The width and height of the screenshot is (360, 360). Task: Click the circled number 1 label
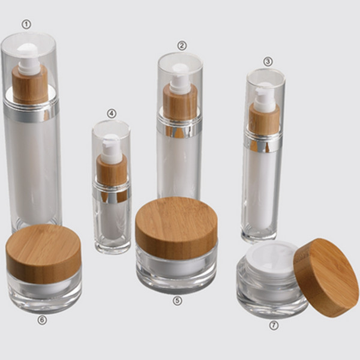click(26, 24)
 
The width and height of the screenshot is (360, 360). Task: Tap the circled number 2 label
click(182, 45)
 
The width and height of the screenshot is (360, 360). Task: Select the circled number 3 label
click(268, 61)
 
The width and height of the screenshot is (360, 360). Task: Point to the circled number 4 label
click(112, 113)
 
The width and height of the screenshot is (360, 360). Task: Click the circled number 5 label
click(177, 301)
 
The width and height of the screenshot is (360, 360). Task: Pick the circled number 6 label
click(41, 320)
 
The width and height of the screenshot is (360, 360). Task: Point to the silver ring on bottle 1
click(31, 112)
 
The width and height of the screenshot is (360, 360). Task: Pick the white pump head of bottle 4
click(111, 148)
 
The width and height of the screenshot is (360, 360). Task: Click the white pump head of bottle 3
click(264, 96)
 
